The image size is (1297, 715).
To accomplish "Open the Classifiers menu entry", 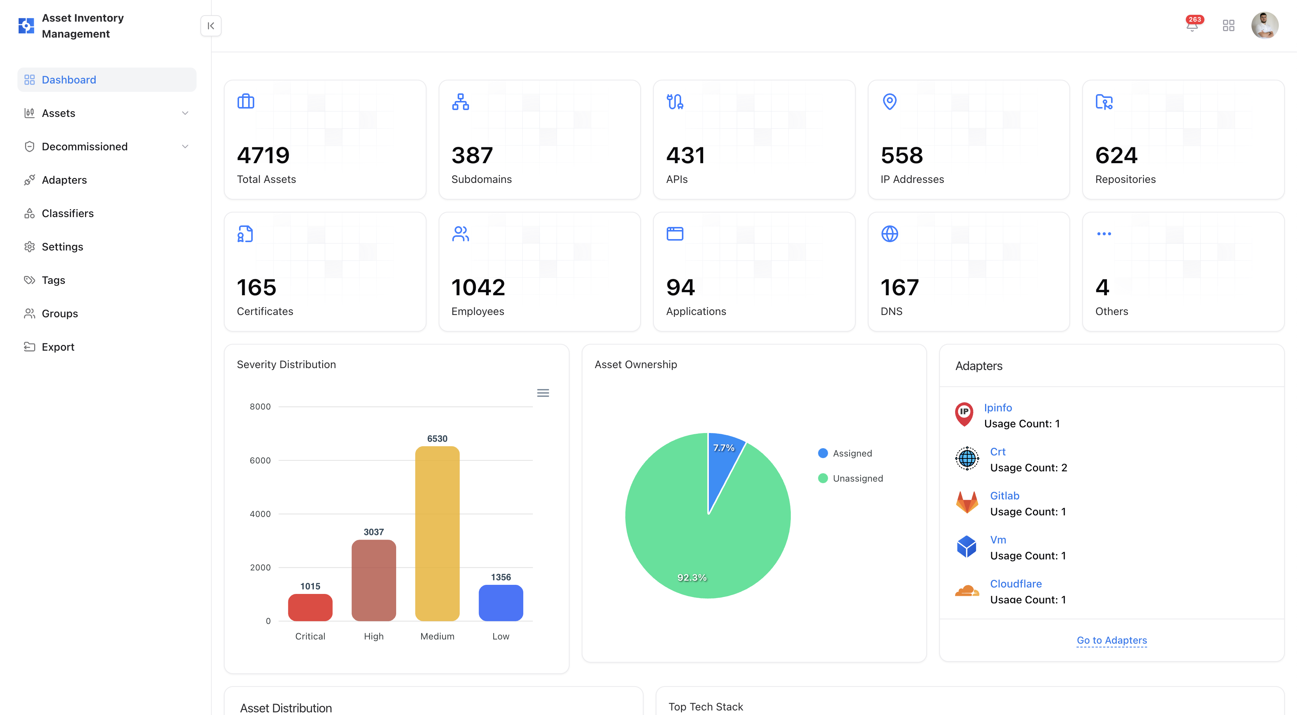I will [68, 214].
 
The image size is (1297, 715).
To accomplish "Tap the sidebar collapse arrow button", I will [211, 26].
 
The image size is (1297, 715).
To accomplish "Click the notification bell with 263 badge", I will [1192, 25].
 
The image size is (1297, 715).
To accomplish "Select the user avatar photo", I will [1264, 25].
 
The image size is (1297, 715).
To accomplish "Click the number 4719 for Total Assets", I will [263, 156].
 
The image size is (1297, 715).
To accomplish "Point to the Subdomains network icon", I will [460, 102].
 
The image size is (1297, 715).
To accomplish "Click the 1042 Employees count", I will [478, 288].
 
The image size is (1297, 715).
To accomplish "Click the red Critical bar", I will [310, 607].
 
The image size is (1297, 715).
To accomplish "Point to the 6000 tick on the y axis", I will [260, 460].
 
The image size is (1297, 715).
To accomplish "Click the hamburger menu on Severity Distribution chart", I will [543, 393].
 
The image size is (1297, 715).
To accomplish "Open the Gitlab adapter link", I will [1004, 496].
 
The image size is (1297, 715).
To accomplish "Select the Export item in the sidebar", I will [58, 347].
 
